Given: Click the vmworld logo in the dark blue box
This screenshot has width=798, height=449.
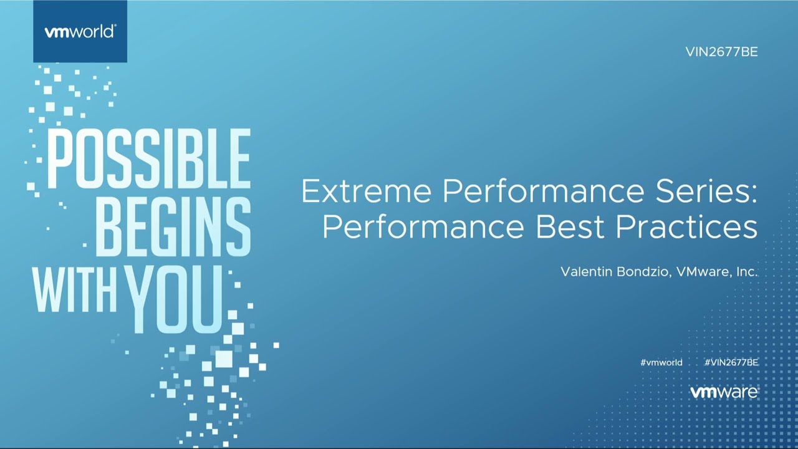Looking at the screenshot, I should (x=80, y=32).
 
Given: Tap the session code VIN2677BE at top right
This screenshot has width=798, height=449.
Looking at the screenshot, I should (x=721, y=52).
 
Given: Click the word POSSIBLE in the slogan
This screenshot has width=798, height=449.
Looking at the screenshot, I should (x=148, y=160).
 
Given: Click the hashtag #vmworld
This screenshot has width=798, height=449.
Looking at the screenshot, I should (x=661, y=362).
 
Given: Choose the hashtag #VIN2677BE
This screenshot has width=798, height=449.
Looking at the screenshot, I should (x=731, y=362).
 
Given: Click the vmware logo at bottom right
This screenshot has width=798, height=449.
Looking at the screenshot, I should (x=724, y=392).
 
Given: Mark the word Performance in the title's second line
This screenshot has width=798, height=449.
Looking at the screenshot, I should (x=423, y=228).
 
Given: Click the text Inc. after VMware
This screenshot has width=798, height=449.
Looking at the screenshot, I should (x=747, y=272).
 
